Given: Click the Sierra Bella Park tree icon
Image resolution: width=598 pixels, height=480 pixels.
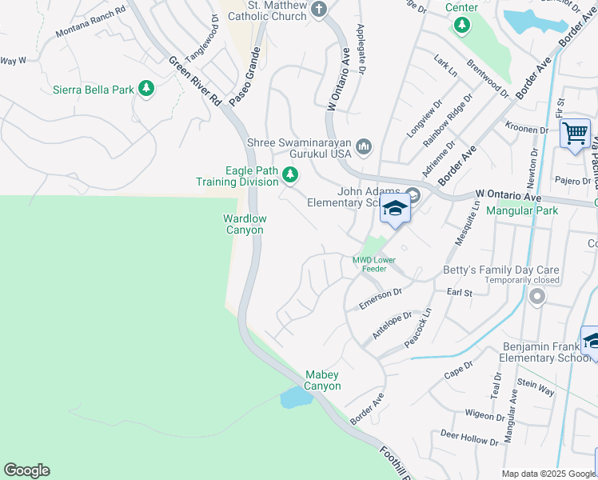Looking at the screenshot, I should coord(146,89).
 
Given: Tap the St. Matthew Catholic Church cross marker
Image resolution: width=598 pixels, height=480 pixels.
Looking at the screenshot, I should coord(319,10).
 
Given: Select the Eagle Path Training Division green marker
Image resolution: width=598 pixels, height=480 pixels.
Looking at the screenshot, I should coord(291,174).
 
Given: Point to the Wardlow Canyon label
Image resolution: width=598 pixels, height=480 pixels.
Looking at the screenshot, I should coord(244,224).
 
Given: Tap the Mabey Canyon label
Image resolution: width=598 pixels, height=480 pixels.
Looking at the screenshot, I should coord(323,380).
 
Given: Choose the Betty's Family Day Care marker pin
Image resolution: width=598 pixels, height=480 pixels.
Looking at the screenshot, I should coord(536,297).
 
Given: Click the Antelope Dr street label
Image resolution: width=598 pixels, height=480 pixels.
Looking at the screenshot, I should coord(392,326).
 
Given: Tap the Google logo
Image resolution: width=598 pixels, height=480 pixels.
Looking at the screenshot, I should coord(26,470).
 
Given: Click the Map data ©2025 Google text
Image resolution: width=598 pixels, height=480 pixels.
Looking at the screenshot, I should coord(548,474).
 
